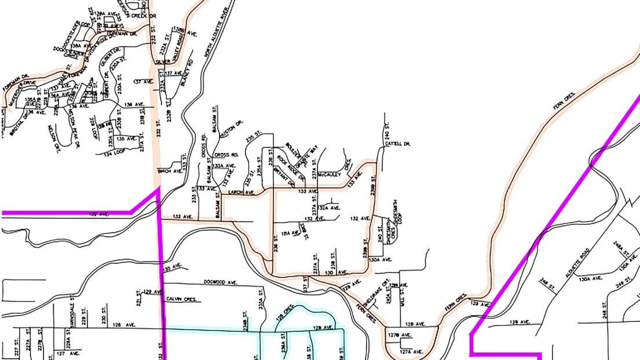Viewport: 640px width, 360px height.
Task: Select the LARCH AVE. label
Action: point(242,192)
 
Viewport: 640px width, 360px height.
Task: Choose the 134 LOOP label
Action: point(115,152)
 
